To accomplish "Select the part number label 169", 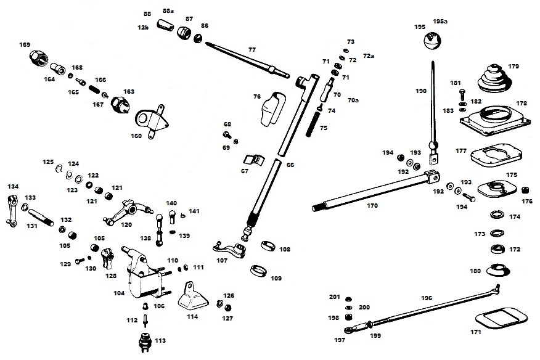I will coord(25,44).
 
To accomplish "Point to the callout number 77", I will coord(252,49).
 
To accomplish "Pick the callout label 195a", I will coord(440,21).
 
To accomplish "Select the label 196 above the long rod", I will coord(427,298).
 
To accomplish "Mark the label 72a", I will coord(369,56).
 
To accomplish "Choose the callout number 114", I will coord(193,317).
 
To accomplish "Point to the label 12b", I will coord(143,28).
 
